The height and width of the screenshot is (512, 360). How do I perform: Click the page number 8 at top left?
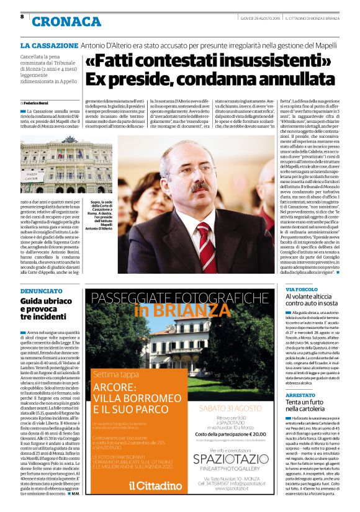[x=22, y=17]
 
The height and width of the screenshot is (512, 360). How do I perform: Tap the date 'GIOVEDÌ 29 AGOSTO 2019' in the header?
[x=261, y=18]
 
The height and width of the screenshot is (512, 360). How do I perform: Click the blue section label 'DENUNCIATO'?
[x=41, y=290]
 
